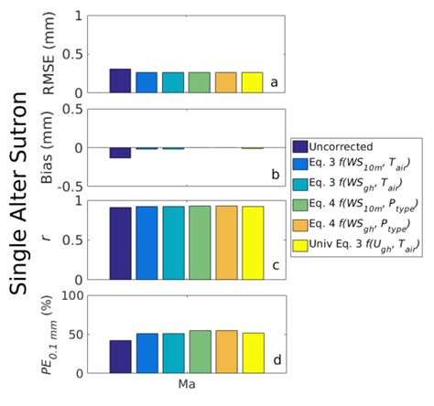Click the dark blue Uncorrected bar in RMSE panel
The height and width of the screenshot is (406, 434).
tap(120, 80)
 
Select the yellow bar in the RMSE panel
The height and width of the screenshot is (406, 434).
tap(252, 82)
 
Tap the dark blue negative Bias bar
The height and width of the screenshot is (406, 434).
tap(120, 153)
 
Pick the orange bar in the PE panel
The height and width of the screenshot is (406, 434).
tap(225, 352)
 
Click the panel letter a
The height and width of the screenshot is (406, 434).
tap(273, 82)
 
